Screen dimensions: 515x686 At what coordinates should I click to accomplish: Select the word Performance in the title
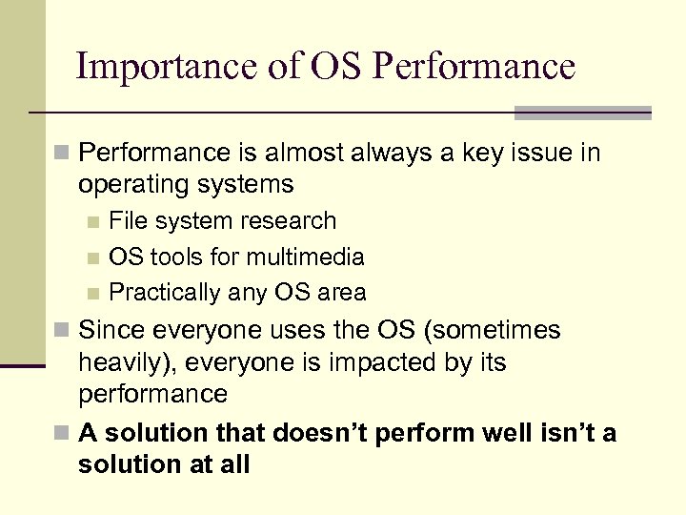pos(474,67)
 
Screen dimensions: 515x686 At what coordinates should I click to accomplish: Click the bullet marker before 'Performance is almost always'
pos(62,154)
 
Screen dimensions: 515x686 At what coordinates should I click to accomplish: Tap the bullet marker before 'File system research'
pos(92,221)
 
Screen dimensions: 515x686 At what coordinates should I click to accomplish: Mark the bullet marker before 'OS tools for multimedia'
pos(92,257)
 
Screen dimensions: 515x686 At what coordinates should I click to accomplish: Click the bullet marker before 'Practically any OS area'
pos(92,293)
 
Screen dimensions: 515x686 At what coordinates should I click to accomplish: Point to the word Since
pos(111,331)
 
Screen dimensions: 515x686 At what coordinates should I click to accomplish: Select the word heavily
pos(121,363)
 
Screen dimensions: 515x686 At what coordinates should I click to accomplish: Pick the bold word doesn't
pos(318,434)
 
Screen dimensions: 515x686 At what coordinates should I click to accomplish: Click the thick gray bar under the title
pos(582,113)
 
